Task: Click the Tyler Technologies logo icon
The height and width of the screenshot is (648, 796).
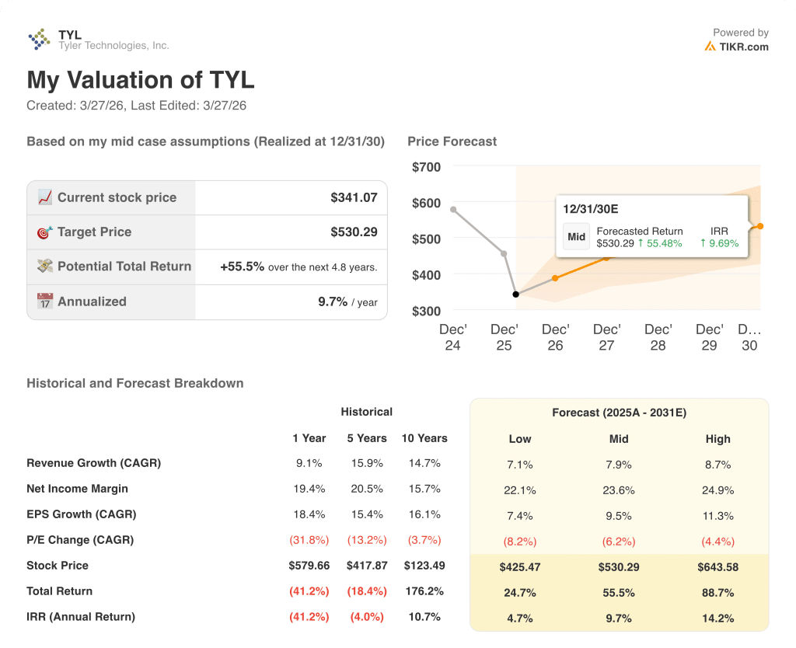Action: pyautogui.click(x=39, y=39)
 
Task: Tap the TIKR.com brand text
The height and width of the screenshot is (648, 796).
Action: pyautogui.click(x=743, y=47)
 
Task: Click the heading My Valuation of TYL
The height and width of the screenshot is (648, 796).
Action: pyautogui.click(x=141, y=80)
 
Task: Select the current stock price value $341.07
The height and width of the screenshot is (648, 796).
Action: pyautogui.click(x=354, y=197)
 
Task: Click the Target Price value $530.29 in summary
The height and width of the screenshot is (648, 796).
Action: pyautogui.click(x=354, y=232)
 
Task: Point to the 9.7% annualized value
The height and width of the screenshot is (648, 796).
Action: pyautogui.click(x=333, y=301)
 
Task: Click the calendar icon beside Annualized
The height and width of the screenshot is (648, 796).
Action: pyautogui.click(x=45, y=301)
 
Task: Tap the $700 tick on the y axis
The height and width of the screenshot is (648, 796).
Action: pyautogui.click(x=426, y=166)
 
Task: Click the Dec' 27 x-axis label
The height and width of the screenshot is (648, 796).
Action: pyautogui.click(x=606, y=337)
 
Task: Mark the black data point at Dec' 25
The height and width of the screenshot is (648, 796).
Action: pyautogui.click(x=516, y=294)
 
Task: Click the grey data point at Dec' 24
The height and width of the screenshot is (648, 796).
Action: pyautogui.click(x=453, y=209)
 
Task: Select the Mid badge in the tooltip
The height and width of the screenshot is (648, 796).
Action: pyautogui.click(x=576, y=237)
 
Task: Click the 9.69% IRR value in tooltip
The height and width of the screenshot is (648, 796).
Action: pyautogui.click(x=720, y=243)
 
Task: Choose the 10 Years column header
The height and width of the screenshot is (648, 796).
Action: pyautogui.click(x=424, y=438)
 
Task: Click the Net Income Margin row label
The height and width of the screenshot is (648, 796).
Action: pyautogui.click(x=77, y=489)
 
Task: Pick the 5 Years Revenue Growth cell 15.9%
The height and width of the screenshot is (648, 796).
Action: pyautogui.click(x=366, y=463)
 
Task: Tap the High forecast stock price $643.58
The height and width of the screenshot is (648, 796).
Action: pyautogui.click(x=717, y=566)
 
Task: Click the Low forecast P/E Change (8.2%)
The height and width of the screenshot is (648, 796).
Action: pyautogui.click(x=520, y=540)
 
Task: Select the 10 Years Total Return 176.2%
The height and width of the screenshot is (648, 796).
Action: pyautogui.click(x=424, y=591)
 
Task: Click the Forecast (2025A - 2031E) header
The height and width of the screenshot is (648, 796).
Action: pyautogui.click(x=619, y=413)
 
